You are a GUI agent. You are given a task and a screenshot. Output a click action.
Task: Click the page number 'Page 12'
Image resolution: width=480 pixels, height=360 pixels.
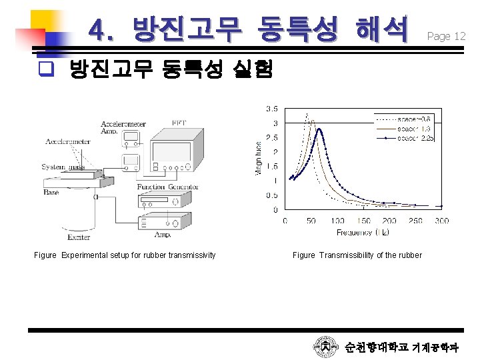[446, 37]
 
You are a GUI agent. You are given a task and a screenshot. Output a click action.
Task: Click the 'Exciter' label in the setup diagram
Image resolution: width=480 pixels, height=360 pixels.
[79, 237]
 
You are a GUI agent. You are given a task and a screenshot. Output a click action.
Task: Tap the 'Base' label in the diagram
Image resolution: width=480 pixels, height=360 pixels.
[51, 193]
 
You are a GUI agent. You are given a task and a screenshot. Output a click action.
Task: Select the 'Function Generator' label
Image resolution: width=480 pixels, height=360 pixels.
[167, 187]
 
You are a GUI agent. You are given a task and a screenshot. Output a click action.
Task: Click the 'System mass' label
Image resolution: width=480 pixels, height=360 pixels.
[63, 167]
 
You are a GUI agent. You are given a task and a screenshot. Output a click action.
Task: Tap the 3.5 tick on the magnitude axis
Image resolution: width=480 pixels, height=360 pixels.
[273, 109]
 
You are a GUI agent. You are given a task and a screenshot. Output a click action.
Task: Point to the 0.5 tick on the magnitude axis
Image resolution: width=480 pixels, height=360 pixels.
[273, 195]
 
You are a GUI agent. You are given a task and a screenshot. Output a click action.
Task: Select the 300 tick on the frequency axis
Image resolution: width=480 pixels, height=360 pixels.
[441, 221]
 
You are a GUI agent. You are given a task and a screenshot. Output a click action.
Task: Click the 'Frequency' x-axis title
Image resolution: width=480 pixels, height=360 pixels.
[353, 233]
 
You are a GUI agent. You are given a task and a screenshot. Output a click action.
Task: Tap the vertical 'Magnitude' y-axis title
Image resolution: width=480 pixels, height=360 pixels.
[259, 157]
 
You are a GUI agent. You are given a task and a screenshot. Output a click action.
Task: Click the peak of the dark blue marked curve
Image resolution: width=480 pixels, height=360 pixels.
[319, 130]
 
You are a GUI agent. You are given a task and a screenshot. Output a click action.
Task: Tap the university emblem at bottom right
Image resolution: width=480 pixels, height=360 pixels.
[325, 347]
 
